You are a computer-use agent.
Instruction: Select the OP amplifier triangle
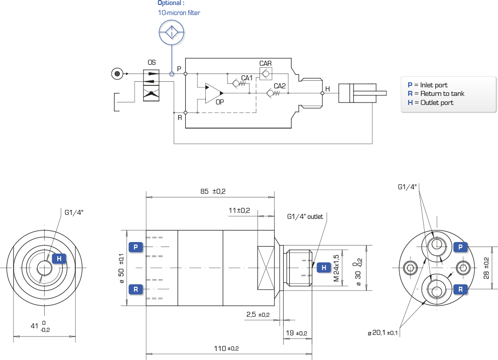coord(214,93)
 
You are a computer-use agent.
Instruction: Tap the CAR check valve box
coord(266,74)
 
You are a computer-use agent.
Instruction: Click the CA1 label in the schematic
coord(247,78)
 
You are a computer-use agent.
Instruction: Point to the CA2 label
coord(280,86)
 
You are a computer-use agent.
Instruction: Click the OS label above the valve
coord(152,62)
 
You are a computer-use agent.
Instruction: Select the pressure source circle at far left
coord(117,74)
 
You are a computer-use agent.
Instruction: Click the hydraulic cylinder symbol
coord(362,93)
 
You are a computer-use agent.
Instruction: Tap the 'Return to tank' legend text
coord(442,93)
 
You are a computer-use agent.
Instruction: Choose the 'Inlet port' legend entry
coord(428,85)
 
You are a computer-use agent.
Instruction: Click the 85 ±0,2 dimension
coord(213,191)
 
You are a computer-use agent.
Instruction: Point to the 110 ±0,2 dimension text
coord(226,348)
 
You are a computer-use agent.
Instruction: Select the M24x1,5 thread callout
coord(336,268)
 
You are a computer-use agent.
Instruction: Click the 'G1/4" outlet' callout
coord(305,216)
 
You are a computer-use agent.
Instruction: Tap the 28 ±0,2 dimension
coord(486,268)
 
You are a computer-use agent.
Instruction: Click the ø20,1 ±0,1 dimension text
coord(383,333)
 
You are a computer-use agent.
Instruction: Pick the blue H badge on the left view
coord(59,259)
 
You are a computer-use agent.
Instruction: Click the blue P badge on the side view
coord(136,247)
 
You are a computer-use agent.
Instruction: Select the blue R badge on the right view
coord(460,289)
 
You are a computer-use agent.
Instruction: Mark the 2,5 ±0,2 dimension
coord(258,315)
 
